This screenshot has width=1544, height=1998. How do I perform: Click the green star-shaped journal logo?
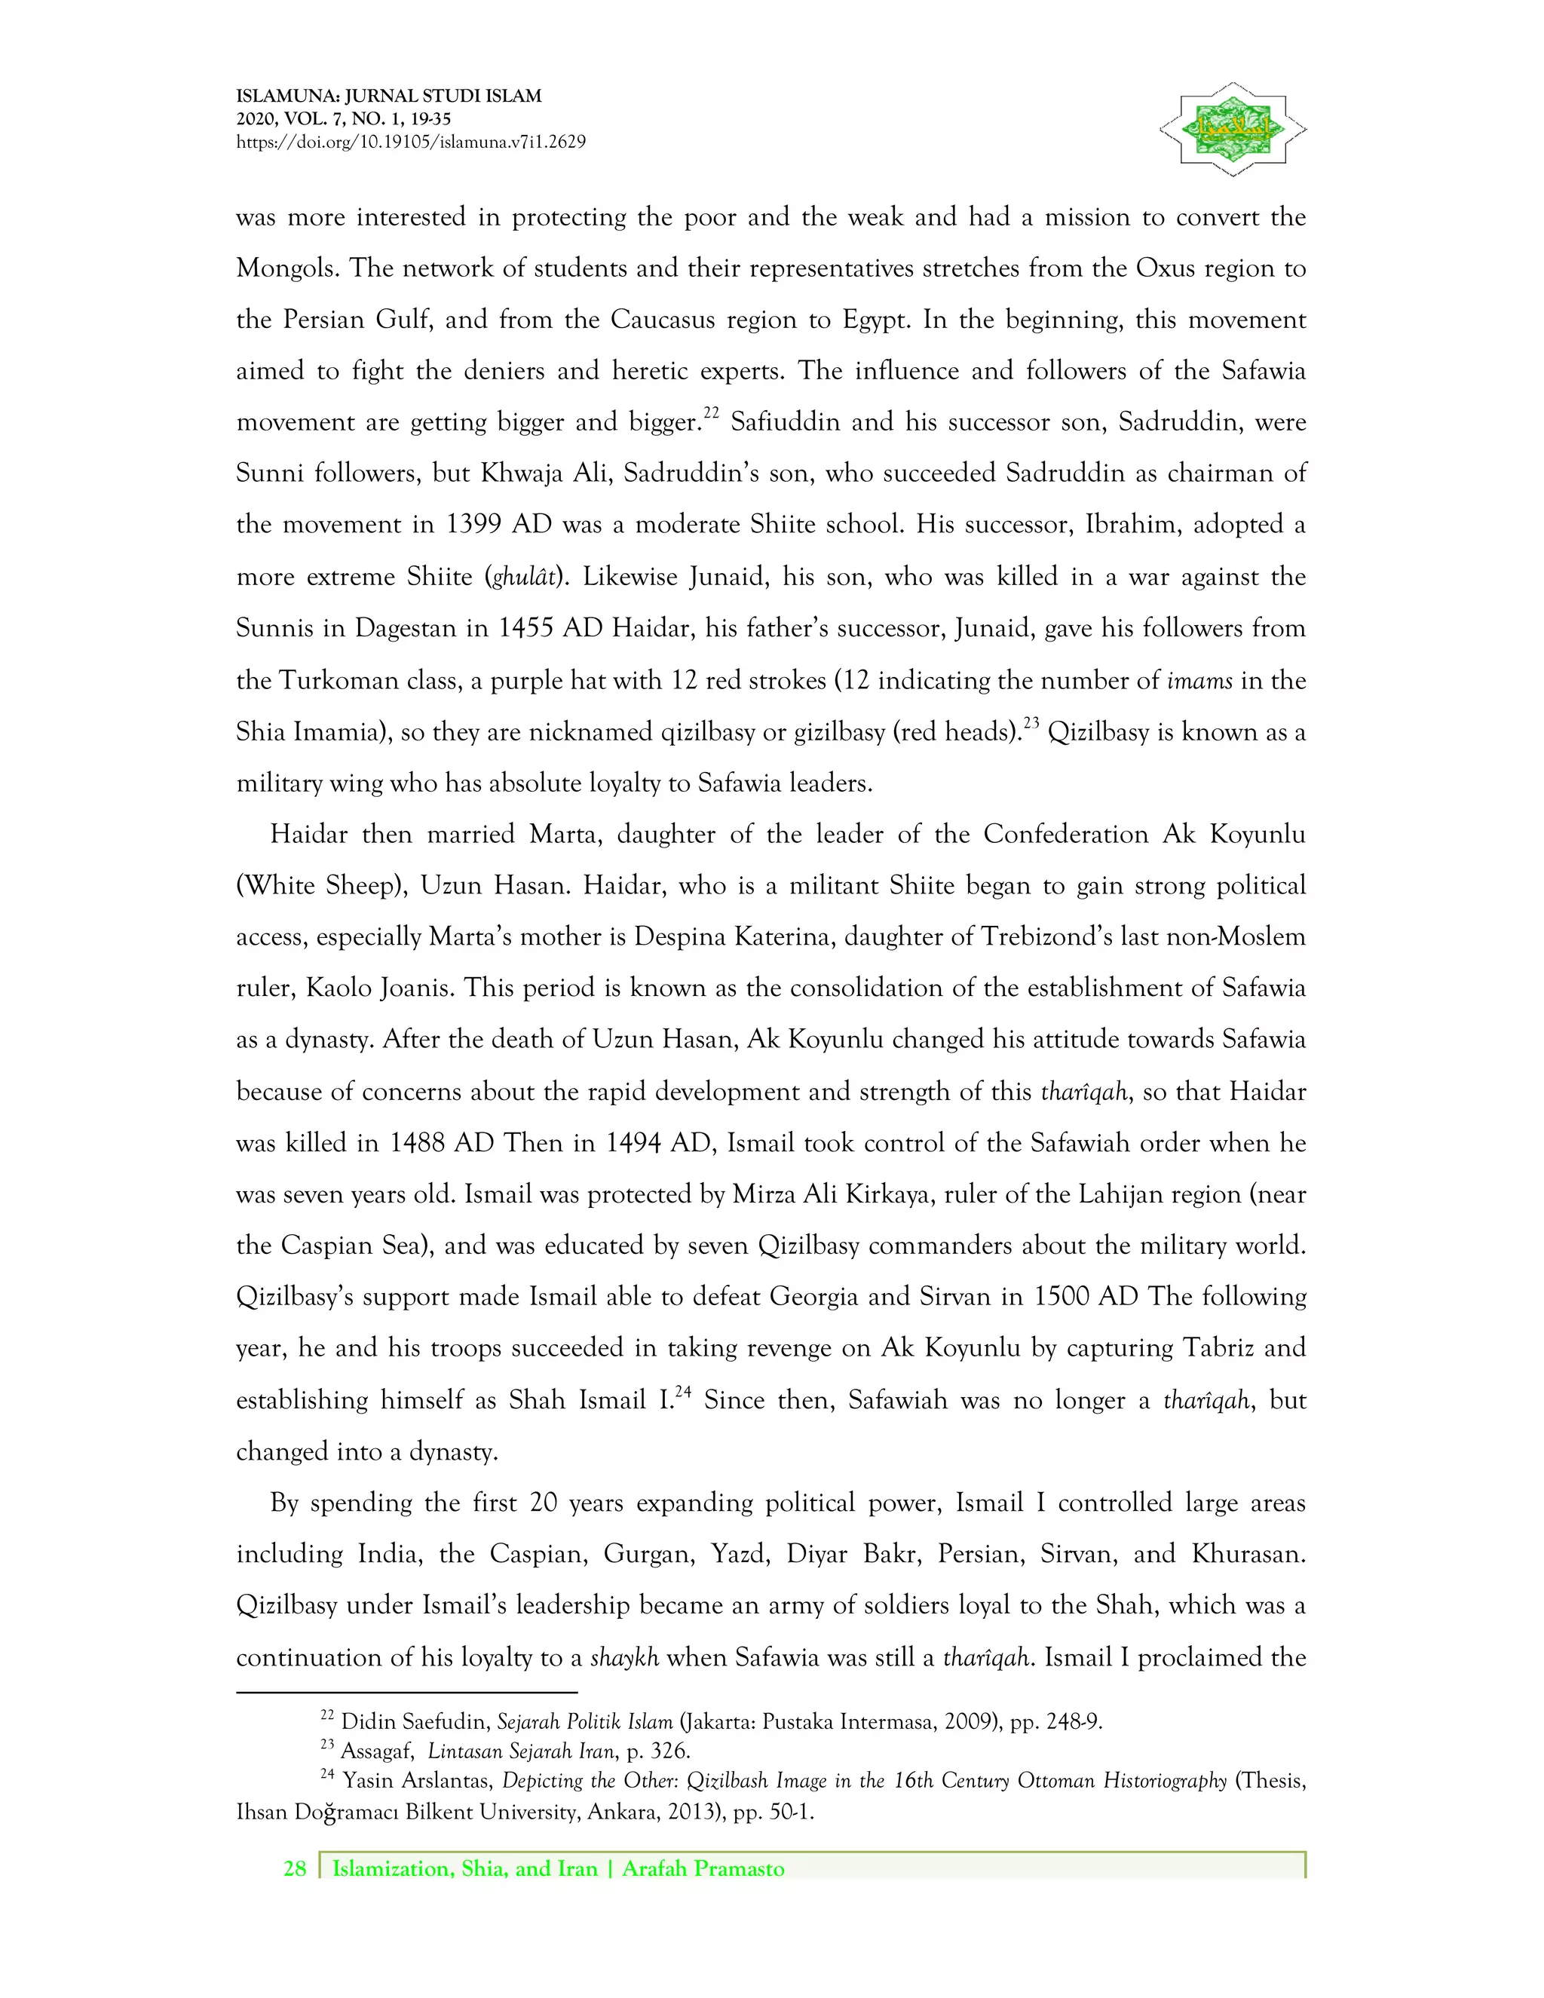pos(1232,129)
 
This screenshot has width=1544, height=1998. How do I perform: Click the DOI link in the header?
pos(411,142)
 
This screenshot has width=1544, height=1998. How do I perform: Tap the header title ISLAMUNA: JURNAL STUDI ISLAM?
pos(389,95)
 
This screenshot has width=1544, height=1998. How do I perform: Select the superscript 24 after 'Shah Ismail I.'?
pos(682,1393)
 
